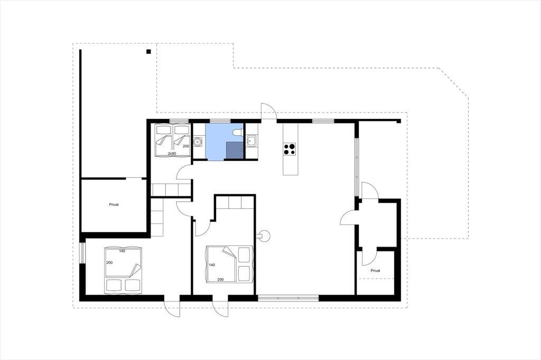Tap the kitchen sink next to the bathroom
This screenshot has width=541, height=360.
click(251, 141)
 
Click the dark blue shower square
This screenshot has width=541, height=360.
click(235, 150)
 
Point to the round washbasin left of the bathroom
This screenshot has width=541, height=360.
click(198, 141)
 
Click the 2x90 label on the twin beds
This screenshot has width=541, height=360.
click(172, 153)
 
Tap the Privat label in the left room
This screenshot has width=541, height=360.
click(114, 204)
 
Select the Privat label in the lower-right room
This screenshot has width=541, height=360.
click(376, 271)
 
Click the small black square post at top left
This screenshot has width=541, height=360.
click(148, 52)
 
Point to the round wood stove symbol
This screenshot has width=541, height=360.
click(265, 236)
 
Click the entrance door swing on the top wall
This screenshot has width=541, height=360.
click(268, 111)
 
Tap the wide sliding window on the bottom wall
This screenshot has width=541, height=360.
click(288, 298)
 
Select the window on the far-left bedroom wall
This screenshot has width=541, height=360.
click(82, 253)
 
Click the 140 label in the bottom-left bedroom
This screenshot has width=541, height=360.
click(122, 251)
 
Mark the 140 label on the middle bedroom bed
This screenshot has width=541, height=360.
click(212, 265)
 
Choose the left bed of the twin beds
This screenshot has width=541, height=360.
click(163, 139)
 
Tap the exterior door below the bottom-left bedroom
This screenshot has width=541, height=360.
click(172, 306)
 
